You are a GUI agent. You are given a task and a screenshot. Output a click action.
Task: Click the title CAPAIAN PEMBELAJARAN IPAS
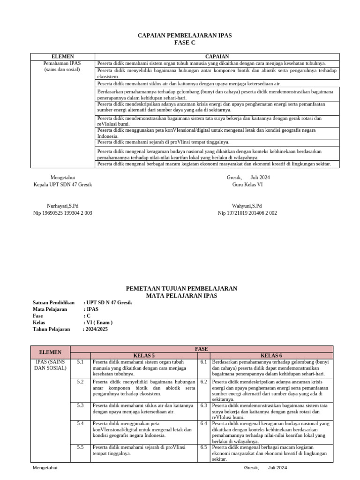pyautogui.click(x=184, y=36)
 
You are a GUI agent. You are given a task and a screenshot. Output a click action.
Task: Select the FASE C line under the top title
pyautogui.click(x=184, y=43)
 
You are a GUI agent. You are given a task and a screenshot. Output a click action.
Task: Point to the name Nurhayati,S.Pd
pyautogui.click(x=63, y=206)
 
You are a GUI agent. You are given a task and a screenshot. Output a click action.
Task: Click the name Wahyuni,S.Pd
pyautogui.click(x=247, y=206)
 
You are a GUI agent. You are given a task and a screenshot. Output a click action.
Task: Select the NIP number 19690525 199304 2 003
pyautogui.click(x=62, y=213)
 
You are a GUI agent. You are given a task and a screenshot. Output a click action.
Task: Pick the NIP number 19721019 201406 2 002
pyautogui.click(x=247, y=213)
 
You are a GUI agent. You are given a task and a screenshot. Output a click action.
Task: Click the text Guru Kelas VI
pyautogui.click(x=247, y=185)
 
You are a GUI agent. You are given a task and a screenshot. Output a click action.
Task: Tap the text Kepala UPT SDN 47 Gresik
pyautogui.click(x=62, y=185)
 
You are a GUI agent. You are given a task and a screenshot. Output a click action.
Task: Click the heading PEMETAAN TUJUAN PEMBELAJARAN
pyautogui.click(x=182, y=288)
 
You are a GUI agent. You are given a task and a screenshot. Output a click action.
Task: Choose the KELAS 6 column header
pyautogui.click(x=271, y=355)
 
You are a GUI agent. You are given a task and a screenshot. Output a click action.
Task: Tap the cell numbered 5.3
pyautogui.click(x=80, y=405)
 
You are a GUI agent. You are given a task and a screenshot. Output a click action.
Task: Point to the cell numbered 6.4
pyautogui.click(x=203, y=424)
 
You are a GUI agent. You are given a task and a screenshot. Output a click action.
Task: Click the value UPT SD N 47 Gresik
pyautogui.click(x=109, y=303)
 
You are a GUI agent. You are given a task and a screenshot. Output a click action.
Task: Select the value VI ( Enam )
pyautogui.click(x=99, y=322)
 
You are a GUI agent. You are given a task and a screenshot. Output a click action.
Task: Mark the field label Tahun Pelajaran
pyautogui.click(x=51, y=329)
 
